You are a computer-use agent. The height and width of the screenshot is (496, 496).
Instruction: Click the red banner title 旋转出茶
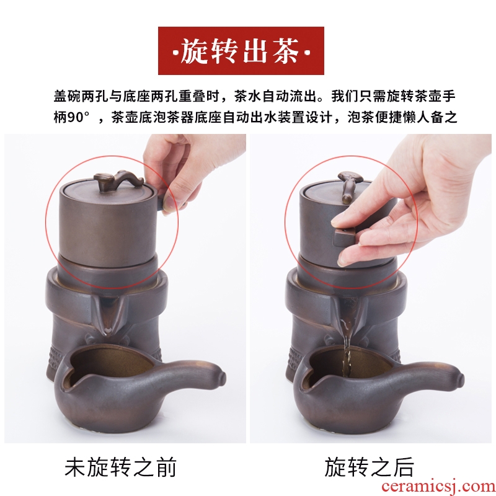tap(241, 51)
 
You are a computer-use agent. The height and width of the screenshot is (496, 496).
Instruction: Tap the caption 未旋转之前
tap(120, 467)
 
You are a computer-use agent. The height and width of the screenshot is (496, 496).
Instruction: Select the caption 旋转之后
tap(369, 467)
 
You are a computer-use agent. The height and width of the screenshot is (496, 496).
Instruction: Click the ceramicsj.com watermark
tap(438, 486)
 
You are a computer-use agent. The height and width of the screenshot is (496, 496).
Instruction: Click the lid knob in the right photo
tap(347, 187)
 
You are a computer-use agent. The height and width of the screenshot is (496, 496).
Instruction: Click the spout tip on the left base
tap(107, 331)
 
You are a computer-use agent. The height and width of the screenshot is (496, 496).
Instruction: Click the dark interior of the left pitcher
tap(111, 363)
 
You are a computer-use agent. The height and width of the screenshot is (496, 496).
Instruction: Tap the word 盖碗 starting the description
tap(67, 96)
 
